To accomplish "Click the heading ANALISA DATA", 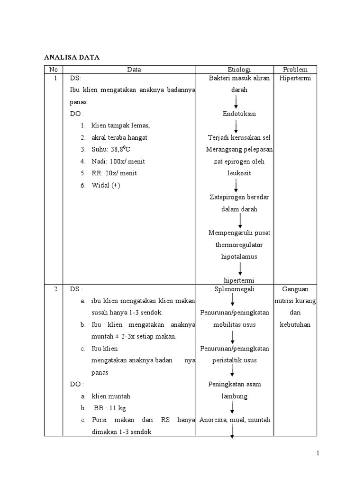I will tap(72, 57).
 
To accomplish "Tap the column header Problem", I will tap(295, 70).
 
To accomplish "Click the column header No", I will tap(53, 70).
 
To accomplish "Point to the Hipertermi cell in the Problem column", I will tap(295, 78).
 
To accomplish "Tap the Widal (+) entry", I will tap(106, 185).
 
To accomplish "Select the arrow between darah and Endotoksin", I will tap(236, 102).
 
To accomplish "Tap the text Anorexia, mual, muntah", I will tap(235, 420).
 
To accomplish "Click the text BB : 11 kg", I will tap(109, 408).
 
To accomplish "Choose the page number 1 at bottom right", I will tap(318, 454).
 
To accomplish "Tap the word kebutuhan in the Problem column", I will tap(295, 324).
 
